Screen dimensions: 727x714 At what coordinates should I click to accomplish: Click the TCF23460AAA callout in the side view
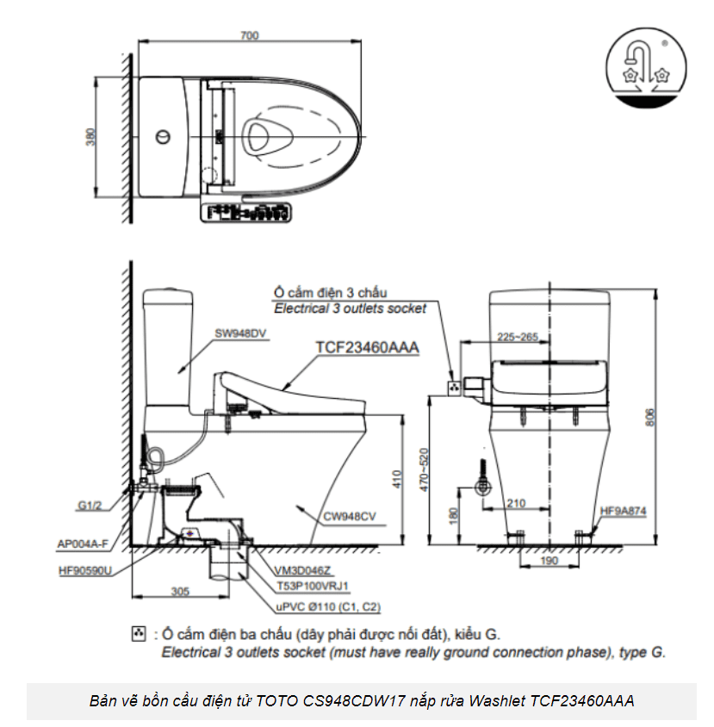click(x=367, y=347)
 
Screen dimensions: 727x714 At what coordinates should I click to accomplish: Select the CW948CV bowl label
click(x=350, y=516)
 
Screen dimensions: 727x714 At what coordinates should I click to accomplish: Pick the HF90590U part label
click(x=85, y=570)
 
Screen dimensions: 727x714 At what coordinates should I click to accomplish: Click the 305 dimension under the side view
click(x=179, y=592)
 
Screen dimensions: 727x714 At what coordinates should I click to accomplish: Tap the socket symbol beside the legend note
click(x=137, y=635)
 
